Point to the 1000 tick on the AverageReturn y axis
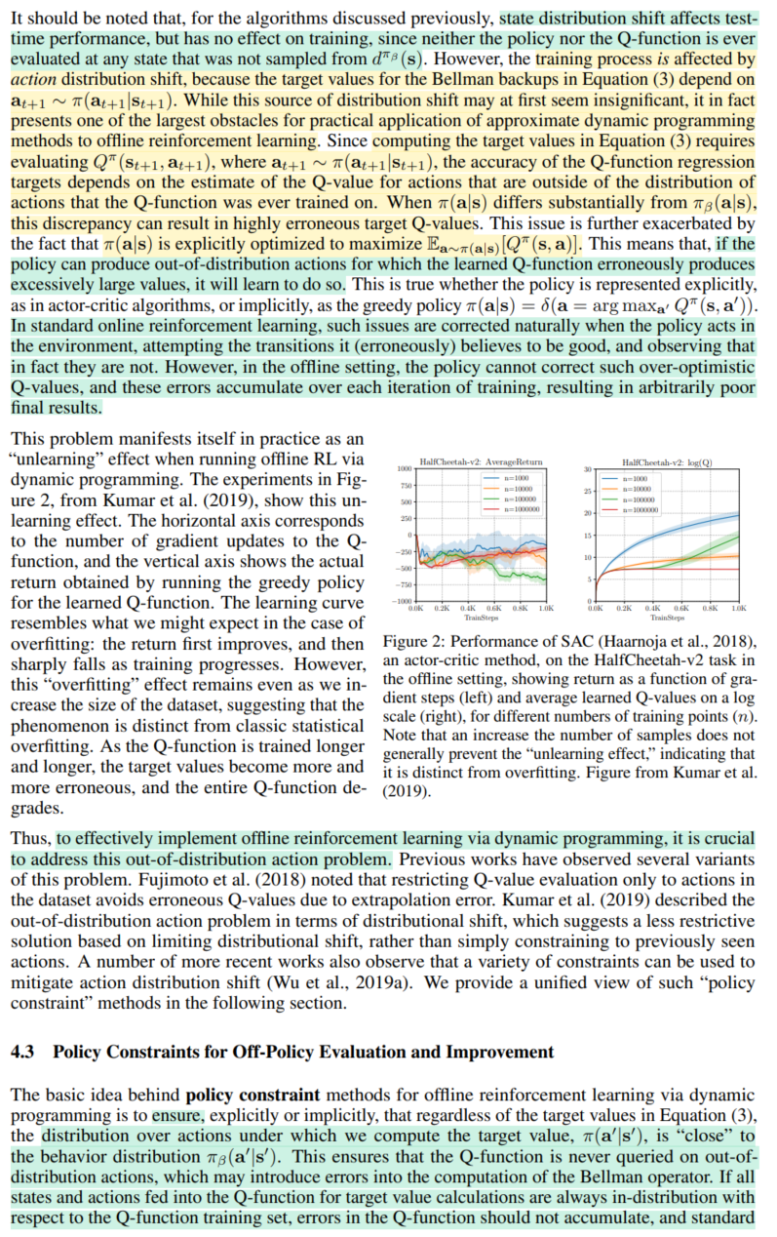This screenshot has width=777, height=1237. pos(405,469)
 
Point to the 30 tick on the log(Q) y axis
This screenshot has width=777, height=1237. pos(588,469)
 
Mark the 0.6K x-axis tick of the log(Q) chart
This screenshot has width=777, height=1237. pos(681,608)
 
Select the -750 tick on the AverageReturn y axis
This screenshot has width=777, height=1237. pos(403,583)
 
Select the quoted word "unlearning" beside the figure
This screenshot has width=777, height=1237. pos(54,461)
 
